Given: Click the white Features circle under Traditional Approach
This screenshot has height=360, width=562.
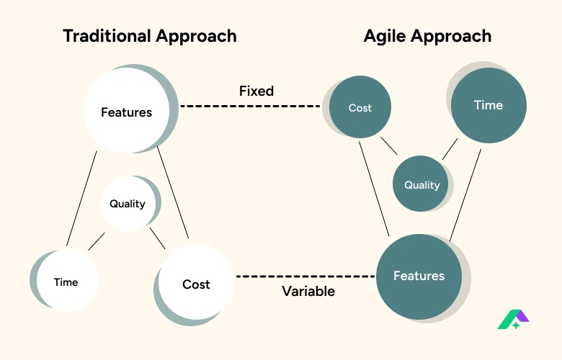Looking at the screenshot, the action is click(127, 111).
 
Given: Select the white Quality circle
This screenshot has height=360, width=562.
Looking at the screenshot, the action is click(128, 204).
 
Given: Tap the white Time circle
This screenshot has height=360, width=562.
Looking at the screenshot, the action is click(68, 281).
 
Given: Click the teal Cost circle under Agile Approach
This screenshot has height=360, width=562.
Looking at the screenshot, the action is click(360, 107).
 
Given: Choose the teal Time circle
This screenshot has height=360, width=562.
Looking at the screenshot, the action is click(489, 105).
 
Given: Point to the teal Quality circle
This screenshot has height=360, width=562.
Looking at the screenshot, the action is click(421, 184).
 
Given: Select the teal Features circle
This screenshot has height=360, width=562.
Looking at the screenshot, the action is click(419, 276).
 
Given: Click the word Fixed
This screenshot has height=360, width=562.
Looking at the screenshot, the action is click(257, 91).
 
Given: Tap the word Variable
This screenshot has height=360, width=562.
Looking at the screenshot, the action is click(308, 291).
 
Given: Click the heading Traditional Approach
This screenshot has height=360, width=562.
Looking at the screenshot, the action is click(150, 36).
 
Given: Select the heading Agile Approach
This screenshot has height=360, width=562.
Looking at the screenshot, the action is click(427, 36).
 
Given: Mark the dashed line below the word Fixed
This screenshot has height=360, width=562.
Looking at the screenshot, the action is click(250, 106).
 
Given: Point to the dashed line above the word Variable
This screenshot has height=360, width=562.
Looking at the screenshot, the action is click(305, 276).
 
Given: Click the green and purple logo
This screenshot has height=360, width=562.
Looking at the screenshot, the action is click(513, 320).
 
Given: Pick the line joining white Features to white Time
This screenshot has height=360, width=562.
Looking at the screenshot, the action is click(81, 199).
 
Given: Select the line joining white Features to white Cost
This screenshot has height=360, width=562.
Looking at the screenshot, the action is click(173, 192).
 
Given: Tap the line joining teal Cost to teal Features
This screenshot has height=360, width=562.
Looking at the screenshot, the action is click(374, 189).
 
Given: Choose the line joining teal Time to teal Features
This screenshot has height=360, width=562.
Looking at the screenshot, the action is click(465, 195).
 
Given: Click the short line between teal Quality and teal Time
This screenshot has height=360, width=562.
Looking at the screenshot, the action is click(450, 149).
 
